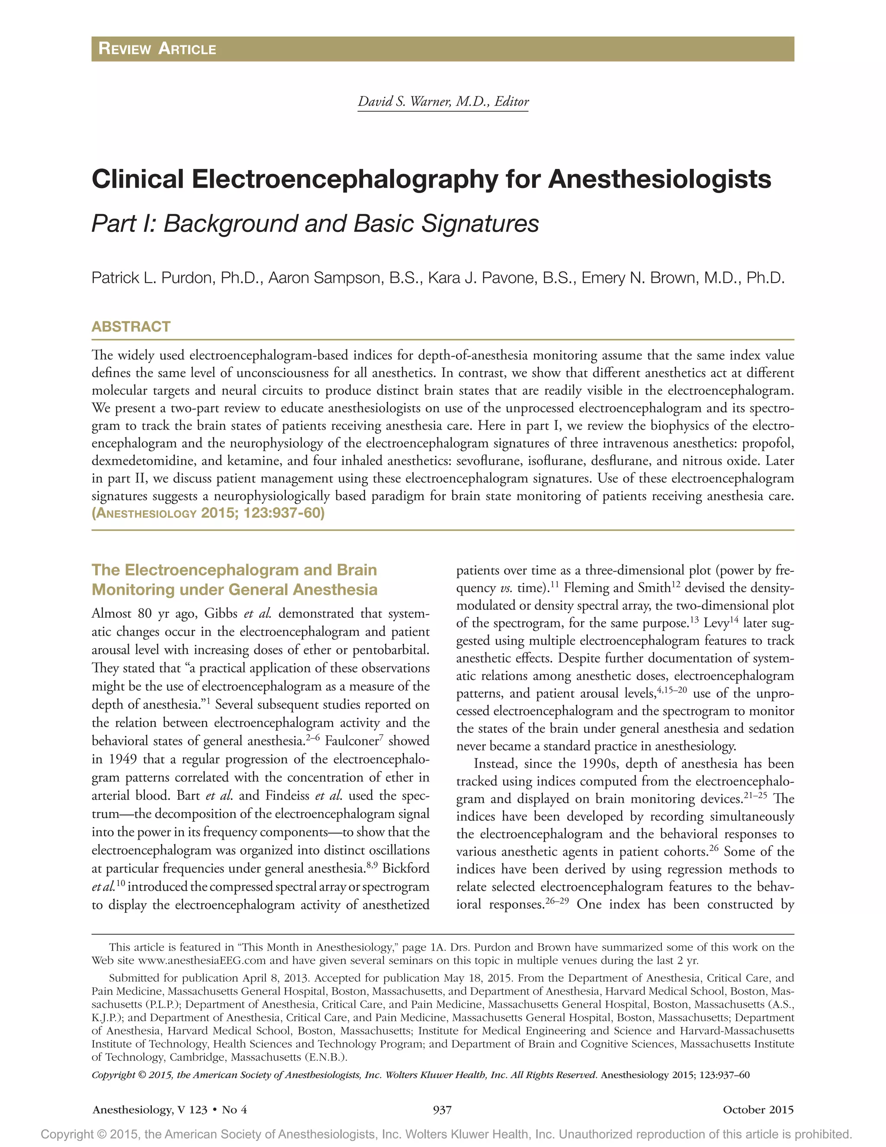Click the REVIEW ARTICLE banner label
[x=157, y=49]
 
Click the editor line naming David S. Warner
[x=443, y=101]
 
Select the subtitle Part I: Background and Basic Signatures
[x=315, y=223]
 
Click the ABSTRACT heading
[x=131, y=327]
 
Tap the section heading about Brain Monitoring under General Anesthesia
[x=234, y=580]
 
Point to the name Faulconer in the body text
[x=352, y=741]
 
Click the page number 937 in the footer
[x=442, y=1110]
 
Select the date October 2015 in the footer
[x=758, y=1110]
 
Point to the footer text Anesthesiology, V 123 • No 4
[x=170, y=1110]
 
